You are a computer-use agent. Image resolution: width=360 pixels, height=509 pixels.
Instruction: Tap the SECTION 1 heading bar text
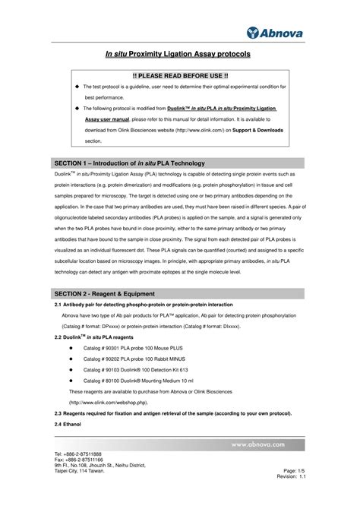point(130,163)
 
